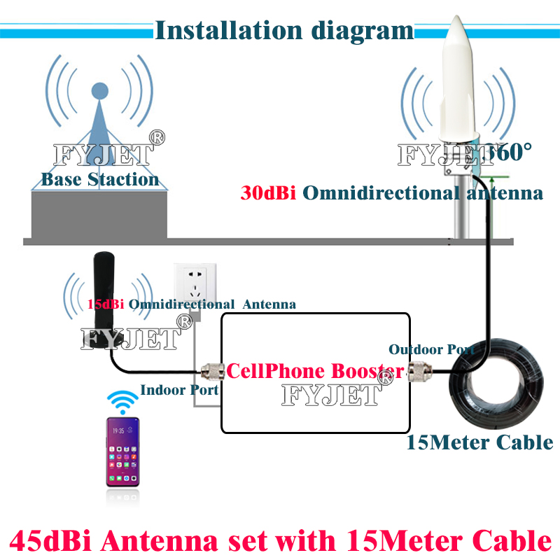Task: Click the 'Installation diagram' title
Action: (283, 30)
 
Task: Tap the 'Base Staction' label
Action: (100, 179)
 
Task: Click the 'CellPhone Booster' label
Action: (314, 370)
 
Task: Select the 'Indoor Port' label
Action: (179, 390)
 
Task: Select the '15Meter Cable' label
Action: (479, 442)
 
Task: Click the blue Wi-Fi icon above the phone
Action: (122, 402)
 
